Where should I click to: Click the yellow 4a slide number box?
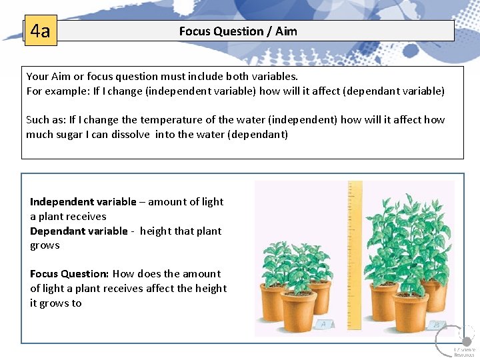coord(41,31)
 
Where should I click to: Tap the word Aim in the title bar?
coord(286,31)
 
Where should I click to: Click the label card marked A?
coord(323,325)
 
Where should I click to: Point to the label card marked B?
coord(437,325)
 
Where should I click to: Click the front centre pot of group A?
coord(298,311)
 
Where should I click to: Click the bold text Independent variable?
coord(83,201)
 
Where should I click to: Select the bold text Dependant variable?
coord(79,231)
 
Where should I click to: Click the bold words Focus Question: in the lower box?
coord(69,273)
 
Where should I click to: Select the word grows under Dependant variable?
coord(45,245)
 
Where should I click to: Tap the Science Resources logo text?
coord(464,352)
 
